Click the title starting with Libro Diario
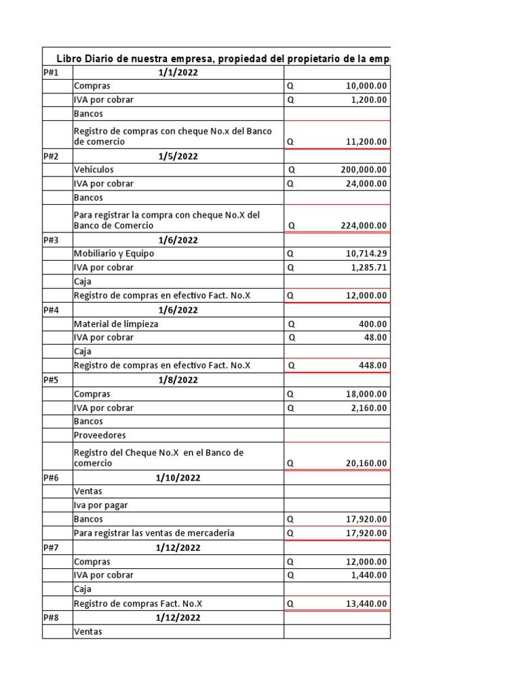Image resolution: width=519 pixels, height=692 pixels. [x=223, y=59]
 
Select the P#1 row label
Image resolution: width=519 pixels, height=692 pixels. [x=51, y=73]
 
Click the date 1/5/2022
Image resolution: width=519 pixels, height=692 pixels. [x=178, y=156]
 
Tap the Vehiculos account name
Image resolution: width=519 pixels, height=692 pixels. [x=94, y=170]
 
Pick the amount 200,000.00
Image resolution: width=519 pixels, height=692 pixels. [x=364, y=170]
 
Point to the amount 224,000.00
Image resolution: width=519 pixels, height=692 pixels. [x=364, y=226]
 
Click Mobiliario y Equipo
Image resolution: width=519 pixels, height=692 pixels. [x=114, y=253]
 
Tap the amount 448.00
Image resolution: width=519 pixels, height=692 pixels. [x=372, y=366]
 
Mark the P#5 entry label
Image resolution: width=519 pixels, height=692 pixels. [x=51, y=380]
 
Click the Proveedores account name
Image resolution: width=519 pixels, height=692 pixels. [x=99, y=435]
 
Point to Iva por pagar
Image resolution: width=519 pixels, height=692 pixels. [x=101, y=505]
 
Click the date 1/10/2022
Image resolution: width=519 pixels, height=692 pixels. [x=178, y=478]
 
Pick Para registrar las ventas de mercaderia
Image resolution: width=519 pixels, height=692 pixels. [x=154, y=533]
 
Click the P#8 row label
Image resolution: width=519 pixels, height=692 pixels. [x=51, y=618]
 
